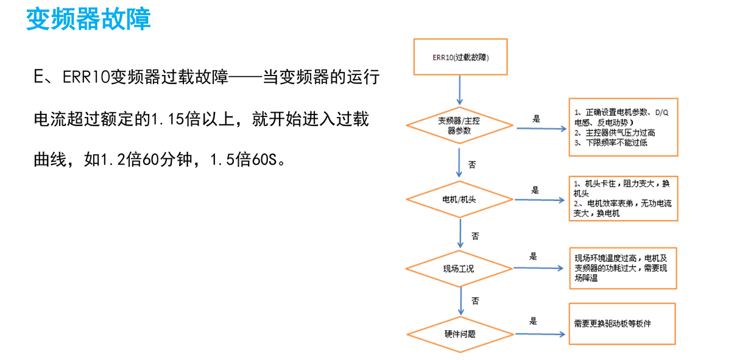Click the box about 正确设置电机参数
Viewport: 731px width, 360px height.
[623, 127]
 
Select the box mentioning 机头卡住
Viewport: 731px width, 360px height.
[623, 198]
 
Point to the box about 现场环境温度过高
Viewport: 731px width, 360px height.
[623, 267]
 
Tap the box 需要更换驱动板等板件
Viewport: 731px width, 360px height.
[623, 323]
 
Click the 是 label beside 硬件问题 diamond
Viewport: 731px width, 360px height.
[534, 321]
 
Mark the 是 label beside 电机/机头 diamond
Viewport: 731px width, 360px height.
[535, 190]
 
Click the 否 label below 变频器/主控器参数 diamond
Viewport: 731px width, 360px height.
[472, 164]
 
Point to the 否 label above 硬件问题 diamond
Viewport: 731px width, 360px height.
[475, 300]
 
